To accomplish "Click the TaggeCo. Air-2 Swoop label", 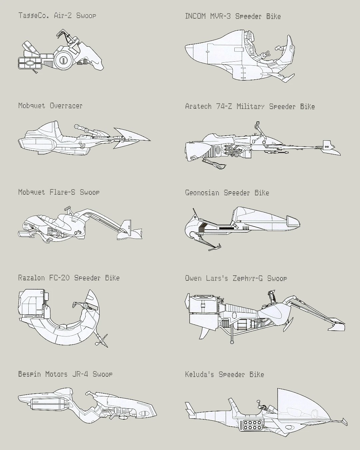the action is point(57,15).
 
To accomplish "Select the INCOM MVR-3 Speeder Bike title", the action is point(233,16).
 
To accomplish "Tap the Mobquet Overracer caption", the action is point(50,106).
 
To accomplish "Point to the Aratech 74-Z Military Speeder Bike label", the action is point(250,106).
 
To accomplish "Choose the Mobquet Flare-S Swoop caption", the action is point(59,192).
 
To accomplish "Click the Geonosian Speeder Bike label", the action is point(227,193).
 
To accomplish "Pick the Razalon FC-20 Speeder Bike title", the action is point(69,278).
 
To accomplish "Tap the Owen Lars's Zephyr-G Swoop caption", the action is point(236,278).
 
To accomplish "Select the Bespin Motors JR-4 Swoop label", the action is point(65,374).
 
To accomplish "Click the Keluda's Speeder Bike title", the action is point(225,374).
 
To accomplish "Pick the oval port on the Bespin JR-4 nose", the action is point(144,413).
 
